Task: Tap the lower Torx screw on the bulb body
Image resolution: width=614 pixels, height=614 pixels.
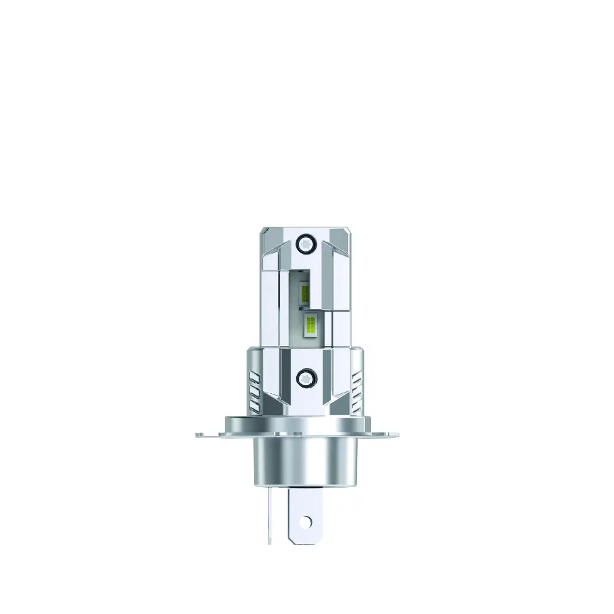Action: click(305, 377)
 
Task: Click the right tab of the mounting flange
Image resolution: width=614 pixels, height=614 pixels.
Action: click(402, 435)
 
